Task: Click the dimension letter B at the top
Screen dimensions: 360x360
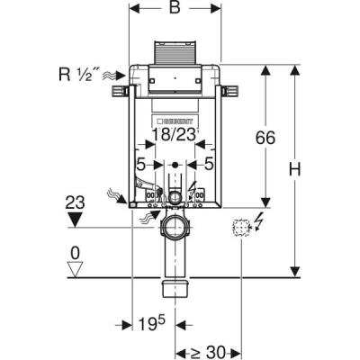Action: click(175, 8)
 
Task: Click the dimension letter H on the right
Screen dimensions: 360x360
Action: click(295, 169)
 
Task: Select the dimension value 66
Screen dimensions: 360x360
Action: click(265, 139)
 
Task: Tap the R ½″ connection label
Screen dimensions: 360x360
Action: click(75, 75)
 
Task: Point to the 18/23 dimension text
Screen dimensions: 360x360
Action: click(175, 135)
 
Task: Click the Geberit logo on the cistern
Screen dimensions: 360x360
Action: click(175, 121)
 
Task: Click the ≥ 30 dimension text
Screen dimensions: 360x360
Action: click(209, 352)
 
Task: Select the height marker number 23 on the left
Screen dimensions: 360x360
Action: click(75, 202)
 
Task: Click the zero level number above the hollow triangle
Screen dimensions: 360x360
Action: click(75, 254)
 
